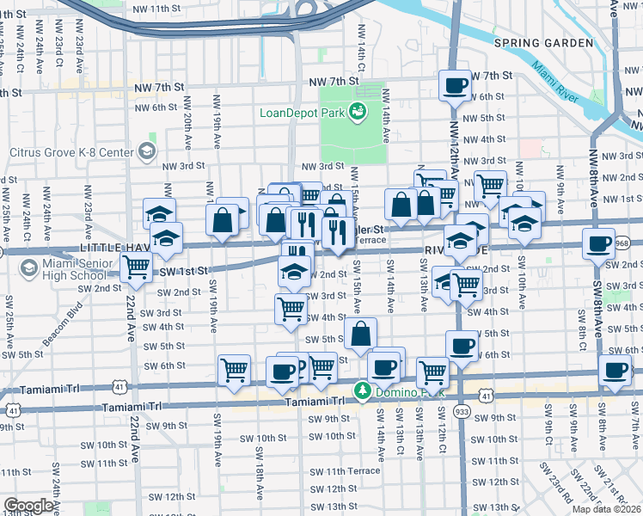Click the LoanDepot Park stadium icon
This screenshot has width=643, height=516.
point(358,111)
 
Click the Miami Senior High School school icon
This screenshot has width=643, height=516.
point(28,267)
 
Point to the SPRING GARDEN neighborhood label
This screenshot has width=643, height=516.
point(543,43)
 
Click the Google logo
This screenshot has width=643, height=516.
point(29,506)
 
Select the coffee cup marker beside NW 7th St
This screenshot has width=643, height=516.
point(454,85)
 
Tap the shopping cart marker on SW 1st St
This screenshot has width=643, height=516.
point(136,268)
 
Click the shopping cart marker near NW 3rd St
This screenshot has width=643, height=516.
point(490,184)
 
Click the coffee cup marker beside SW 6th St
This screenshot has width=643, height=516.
point(462,346)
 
